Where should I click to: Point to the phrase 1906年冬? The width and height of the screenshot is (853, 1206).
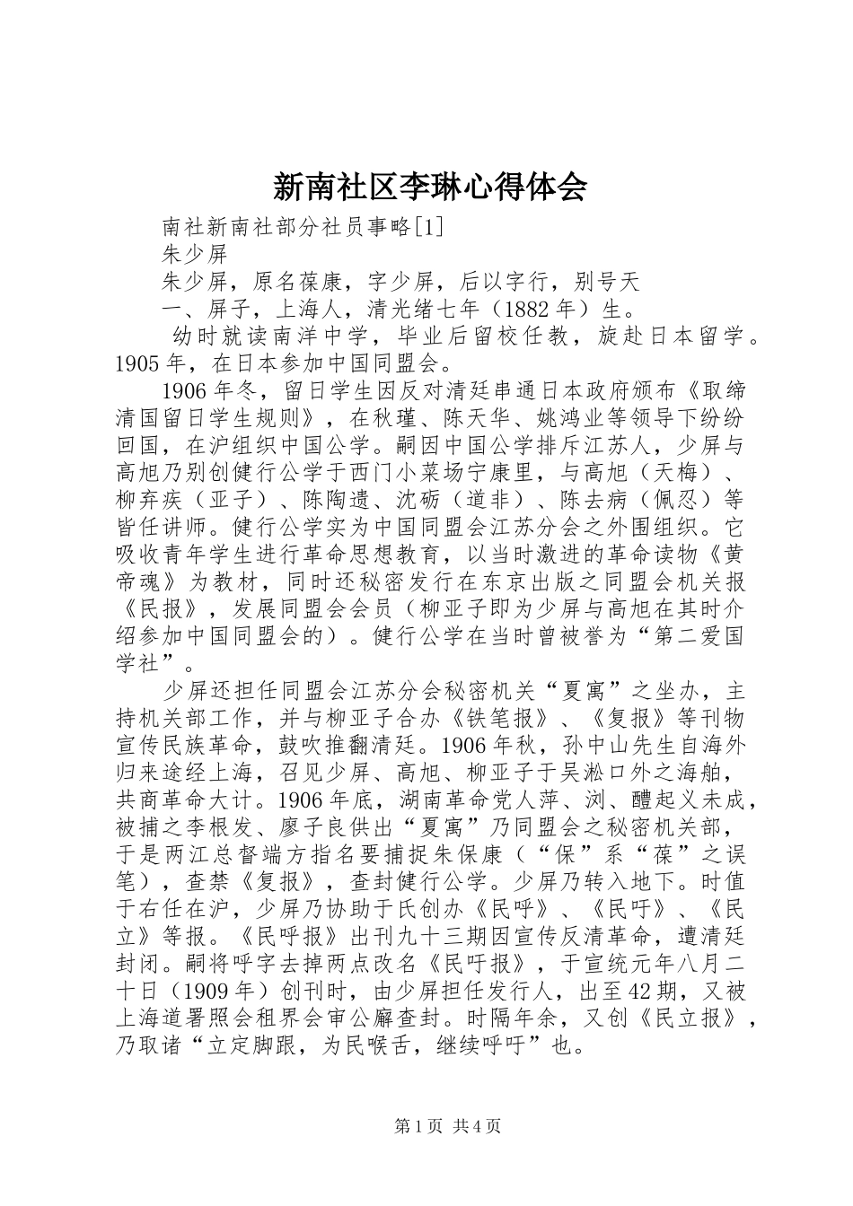pyautogui.click(x=209, y=391)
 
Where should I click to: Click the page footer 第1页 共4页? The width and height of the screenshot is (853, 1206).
pyautogui.click(x=447, y=1126)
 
